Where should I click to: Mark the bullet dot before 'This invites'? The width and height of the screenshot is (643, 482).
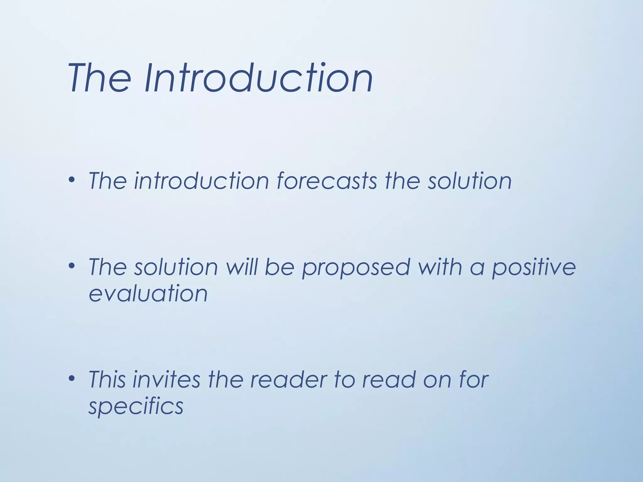[x=72, y=378]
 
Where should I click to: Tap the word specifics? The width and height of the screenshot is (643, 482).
[x=136, y=407]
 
